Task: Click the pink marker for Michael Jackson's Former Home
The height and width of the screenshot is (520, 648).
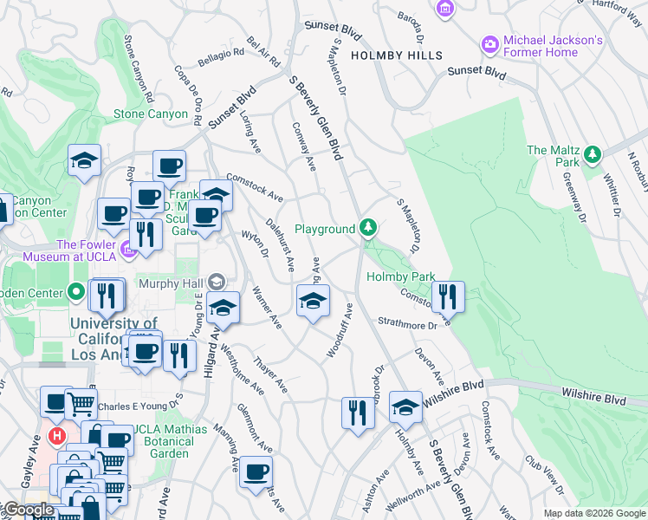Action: pos(489,43)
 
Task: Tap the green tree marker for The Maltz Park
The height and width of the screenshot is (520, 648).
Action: pos(593,155)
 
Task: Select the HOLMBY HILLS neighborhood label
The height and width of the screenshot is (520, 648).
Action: pos(390,55)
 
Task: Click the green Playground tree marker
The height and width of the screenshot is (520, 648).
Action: pos(369,228)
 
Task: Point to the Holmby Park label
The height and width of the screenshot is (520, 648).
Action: pos(400,277)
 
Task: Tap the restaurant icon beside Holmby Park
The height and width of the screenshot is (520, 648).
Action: pos(448,296)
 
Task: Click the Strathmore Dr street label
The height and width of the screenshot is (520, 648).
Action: pos(408,324)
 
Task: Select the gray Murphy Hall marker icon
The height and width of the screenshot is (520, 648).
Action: pos(217,282)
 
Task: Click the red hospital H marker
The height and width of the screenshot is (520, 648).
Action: pos(57,435)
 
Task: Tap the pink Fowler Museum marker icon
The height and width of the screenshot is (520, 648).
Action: pos(129,251)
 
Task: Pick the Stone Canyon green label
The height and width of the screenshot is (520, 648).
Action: pos(151,114)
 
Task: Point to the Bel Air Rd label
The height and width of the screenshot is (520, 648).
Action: pos(263,53)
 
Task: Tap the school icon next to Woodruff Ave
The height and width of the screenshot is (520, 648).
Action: pos(313,301)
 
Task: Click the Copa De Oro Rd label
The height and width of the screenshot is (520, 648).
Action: pos(188,87)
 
